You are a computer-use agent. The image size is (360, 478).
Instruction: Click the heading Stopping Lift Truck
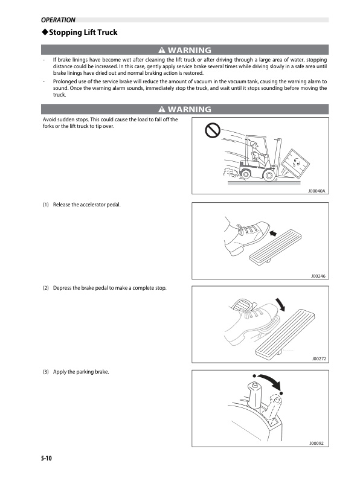coord(79,32)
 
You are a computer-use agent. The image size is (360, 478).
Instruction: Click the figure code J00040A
coord(316,190)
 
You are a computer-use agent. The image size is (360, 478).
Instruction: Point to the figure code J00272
coord(318,358)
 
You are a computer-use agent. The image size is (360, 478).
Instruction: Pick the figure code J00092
coord(317,443)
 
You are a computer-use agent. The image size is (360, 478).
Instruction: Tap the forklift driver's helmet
coord(256,145)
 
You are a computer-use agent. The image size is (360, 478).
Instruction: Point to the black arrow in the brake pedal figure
coord(281,302)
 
